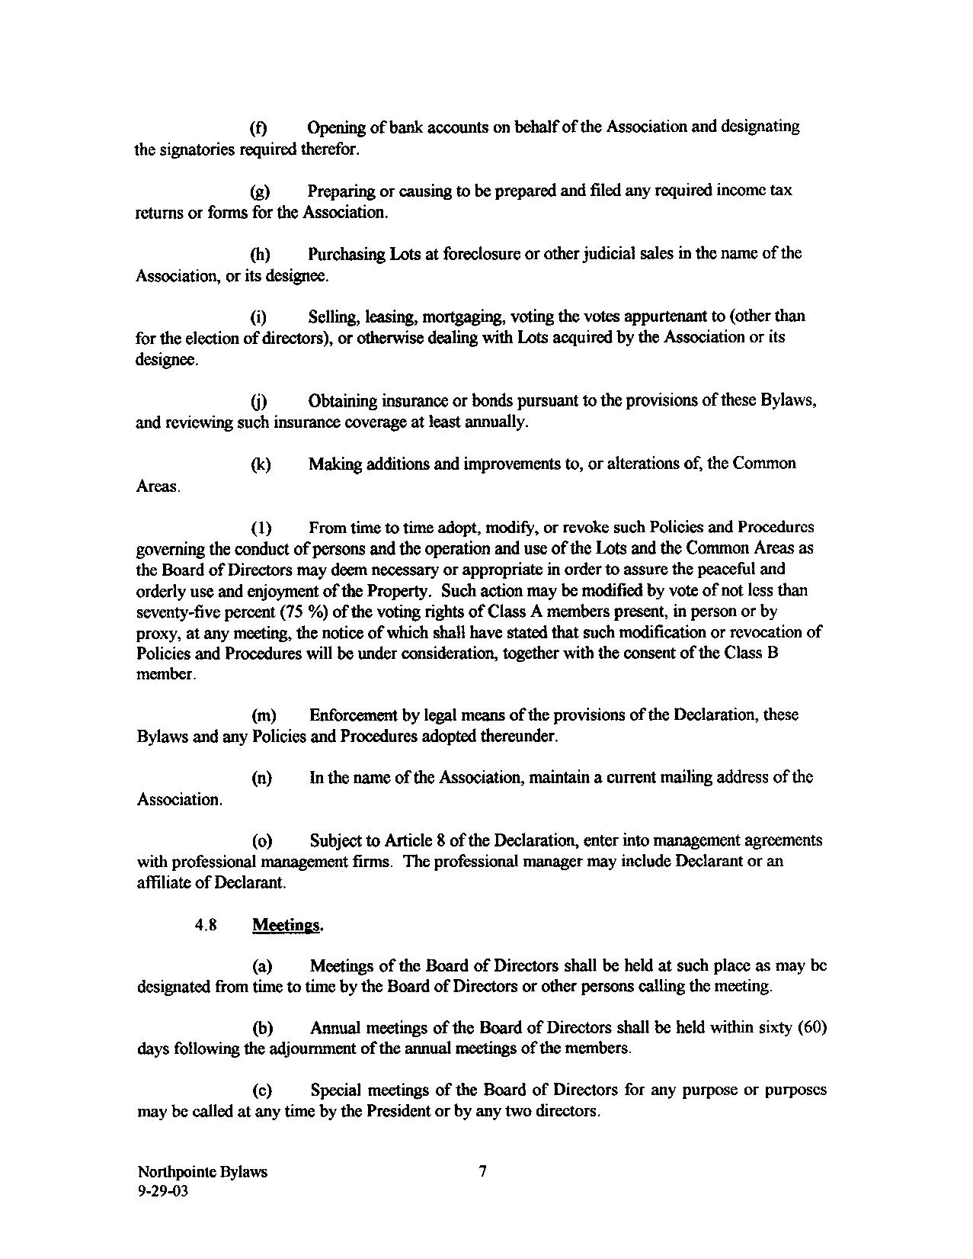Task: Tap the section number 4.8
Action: point(206,925)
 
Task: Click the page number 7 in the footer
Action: point(482,1172)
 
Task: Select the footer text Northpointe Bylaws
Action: point(202,1172)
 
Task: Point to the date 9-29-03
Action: point(162,1193)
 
